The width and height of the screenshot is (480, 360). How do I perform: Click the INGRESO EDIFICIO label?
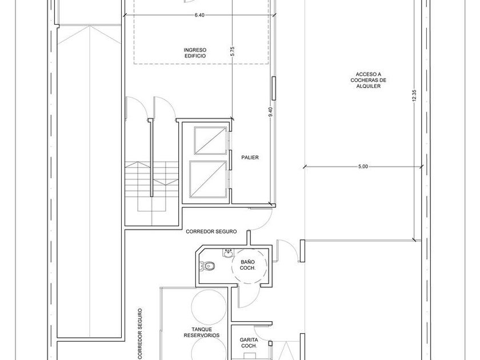[x=195, y=53]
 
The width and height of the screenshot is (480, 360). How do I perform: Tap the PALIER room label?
[x=250, y=157]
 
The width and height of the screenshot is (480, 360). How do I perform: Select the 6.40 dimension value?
[x=199, y=15]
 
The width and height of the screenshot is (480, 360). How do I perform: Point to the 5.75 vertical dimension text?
[x=233, y=51]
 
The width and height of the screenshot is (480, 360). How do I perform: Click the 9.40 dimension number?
[x=270, y=111]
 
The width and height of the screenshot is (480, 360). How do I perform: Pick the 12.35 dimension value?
[x=414, y=95]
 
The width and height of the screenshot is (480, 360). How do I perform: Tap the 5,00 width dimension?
[x=363, y=166]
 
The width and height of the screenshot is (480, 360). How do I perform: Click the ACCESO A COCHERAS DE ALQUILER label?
[x=368, y=80]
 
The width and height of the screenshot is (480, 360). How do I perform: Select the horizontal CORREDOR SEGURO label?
[x=211, y=232]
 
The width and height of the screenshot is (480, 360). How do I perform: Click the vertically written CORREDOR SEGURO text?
[x=140, y=334]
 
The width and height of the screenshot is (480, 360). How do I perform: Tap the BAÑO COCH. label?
[x=247, y=265]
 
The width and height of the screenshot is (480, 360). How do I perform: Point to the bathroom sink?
[x=228, y=253]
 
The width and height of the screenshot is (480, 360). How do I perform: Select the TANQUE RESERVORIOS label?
[x=202, y=333]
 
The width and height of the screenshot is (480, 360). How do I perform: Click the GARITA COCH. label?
[x=249, y=343]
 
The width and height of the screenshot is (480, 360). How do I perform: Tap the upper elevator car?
[x=210, y=139]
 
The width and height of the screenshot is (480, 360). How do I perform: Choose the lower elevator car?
[x=208, y=179]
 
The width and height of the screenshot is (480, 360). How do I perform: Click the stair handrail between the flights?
[x=151, y=158]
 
